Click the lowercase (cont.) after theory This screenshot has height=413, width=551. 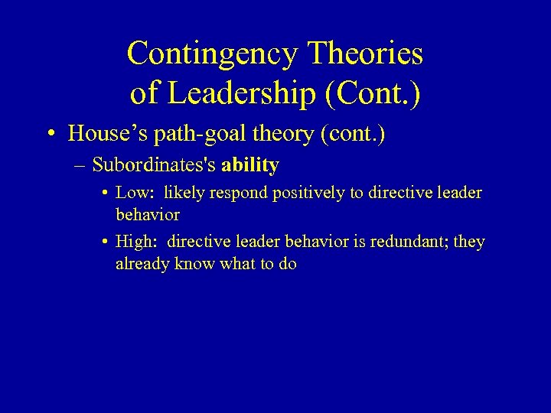click(x=354, y=134)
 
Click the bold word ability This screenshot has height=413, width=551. click(x=249, y=164)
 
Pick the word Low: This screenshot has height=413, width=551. click(x=134, y=193)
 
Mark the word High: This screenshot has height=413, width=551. click(x=135, y=242)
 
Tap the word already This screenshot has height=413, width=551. click(x=143, y=265)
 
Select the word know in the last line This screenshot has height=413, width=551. click(x=195, y=265)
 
